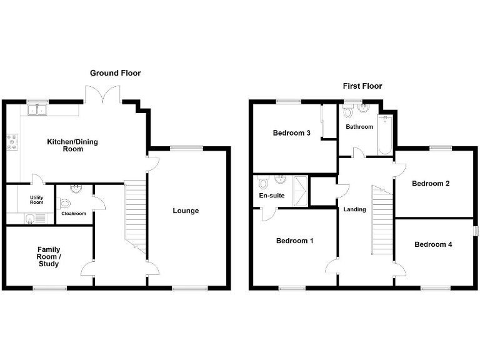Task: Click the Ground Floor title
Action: pos(115,73)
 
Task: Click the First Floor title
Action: pos(362,86)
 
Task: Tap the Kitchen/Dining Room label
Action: pos(72,146)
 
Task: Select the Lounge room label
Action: pos(186,211)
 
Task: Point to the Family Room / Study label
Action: pos(49,256)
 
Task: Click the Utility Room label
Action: pos(36,199)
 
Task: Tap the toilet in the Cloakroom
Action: pos(65,204)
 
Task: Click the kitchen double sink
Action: pos(38,111)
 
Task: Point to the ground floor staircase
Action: pos(136,212)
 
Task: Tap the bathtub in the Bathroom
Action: pos(385,134)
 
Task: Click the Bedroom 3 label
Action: pos(292,133)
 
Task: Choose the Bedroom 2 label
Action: pos(431,184)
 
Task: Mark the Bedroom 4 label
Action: pos(433,244)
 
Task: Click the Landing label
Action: pos(354,209)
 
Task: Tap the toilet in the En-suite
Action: pos(263,184)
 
